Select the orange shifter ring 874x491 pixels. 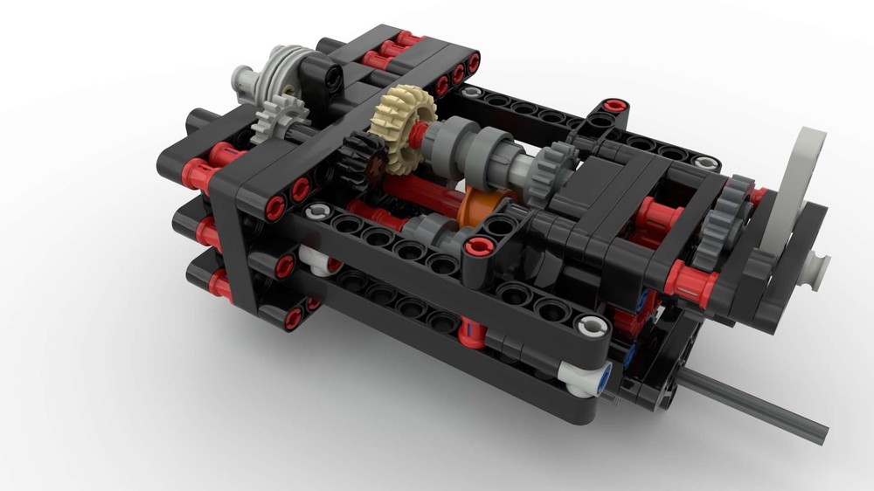click(482, 203)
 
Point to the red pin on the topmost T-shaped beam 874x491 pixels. click(615, 106)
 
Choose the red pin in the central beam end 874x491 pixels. click(478, 246)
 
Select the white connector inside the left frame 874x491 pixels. click(319, 260)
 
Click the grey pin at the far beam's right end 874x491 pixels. click(704, 163)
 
